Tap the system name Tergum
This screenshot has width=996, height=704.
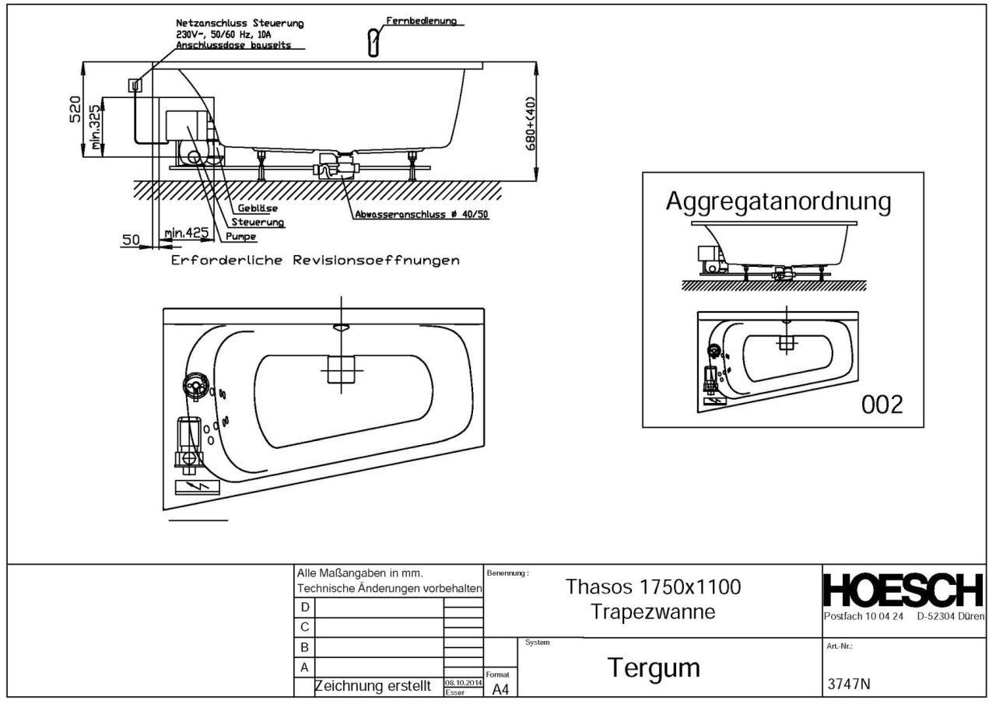[x=654, y=668]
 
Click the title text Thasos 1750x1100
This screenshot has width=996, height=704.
[x=653, y=587]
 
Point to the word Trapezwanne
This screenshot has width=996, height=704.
[x=653, y=611]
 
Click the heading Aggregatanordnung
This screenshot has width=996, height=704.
[x=778, y=201]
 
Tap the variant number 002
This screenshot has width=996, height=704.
[x=882, y=405]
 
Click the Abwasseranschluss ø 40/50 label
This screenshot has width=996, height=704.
[x=420, y=214]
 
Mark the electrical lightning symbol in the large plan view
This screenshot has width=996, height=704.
[x=195, y=488]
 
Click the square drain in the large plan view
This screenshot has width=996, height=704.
[x=341, y=369]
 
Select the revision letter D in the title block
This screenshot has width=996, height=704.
[x=305, y=607]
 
